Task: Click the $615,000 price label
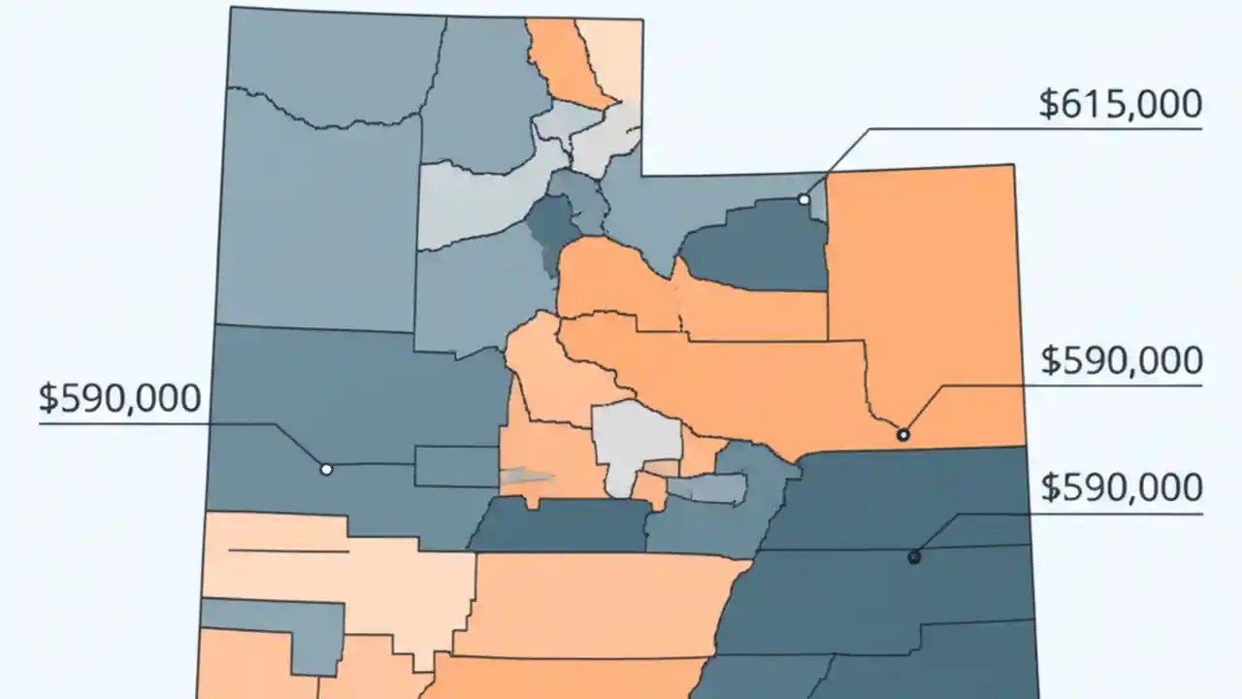click(1120, 104)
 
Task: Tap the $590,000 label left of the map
click(119, 399)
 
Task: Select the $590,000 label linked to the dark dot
click(1122, 487)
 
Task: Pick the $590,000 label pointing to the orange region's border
click(1122, 361)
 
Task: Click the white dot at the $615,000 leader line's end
click(803, 199)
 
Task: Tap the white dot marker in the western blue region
click(326, 469)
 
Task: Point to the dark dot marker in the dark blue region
click(913, 556)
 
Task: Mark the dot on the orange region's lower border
click(903, 434)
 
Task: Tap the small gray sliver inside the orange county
click(526, 476)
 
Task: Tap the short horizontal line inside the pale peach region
click(288, 551)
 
